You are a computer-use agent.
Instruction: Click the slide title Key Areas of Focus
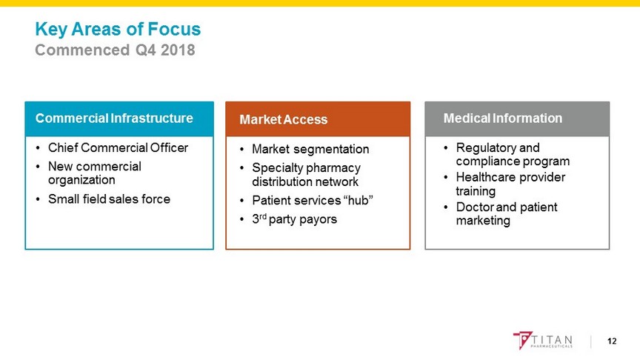(118, 30)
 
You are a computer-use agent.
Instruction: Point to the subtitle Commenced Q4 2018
(115, 50)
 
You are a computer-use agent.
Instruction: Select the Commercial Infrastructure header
(114, 118)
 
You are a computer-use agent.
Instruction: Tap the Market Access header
(283, 119)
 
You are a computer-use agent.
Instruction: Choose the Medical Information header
(503, 118)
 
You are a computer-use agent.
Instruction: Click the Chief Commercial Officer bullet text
(118, 147)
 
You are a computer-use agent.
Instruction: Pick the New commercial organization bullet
(95, 173)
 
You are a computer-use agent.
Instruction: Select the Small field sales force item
(109, 199)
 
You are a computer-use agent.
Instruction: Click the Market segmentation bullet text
(310, 149)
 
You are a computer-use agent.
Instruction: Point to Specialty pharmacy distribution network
(306, 175)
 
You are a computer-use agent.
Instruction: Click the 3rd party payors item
(294, 219)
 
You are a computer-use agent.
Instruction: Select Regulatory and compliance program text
(513, 154)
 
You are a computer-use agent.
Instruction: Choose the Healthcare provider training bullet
(510, 184)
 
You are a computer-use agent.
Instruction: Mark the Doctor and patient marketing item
(507, 213)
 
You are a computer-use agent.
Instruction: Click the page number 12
(612, 341)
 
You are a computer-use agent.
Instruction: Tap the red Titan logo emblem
(522, 340)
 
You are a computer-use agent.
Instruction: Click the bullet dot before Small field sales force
(38, 199)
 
